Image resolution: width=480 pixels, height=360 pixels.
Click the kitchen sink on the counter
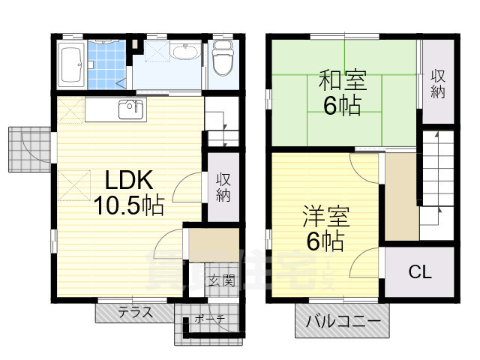(x=130, y=109)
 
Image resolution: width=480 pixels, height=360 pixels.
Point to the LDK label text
(x=128, y=181)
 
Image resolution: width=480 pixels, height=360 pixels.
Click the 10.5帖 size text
(x=128, y=205)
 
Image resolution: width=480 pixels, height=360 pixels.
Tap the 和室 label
(x=342, y=80)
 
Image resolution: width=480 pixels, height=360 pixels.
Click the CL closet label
(x=419, y=272)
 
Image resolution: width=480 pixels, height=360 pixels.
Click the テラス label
(x=135, y=312)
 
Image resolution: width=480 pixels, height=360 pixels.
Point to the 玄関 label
(x=221, y=281)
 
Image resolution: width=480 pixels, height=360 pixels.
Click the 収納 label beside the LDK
(x=223, y=187)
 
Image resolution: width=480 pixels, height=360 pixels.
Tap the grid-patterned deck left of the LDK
(x=28, y=149)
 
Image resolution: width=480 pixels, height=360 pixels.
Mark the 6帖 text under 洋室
(x=324, y=242)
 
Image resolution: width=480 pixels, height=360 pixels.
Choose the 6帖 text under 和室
(x=342, y=105)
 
